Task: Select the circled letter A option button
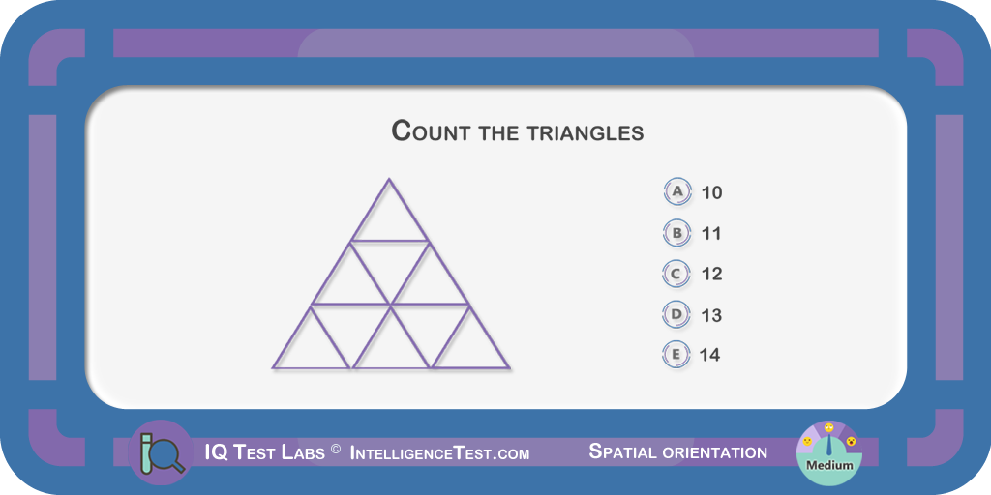(x=677, y=191)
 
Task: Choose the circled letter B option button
(x=676, y=233)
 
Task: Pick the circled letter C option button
(x=676, y=274)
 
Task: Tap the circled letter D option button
(x=676, y=314)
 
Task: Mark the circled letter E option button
(x=676, y=355)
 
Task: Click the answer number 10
(x=711, y=192)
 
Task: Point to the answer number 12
(x=711, y=274)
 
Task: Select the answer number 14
(x=709, y=356)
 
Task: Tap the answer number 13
(x=711, y=315)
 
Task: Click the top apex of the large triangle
(x=389, y=179)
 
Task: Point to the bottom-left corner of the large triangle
(x=273, y=367)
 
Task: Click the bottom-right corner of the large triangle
(x=509, y=367)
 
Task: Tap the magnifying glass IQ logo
(x=161, y=452)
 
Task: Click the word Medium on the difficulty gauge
(x=828, y=466)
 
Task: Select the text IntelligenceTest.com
(x=439, y=452)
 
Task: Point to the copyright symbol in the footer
(x=336, y=449)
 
